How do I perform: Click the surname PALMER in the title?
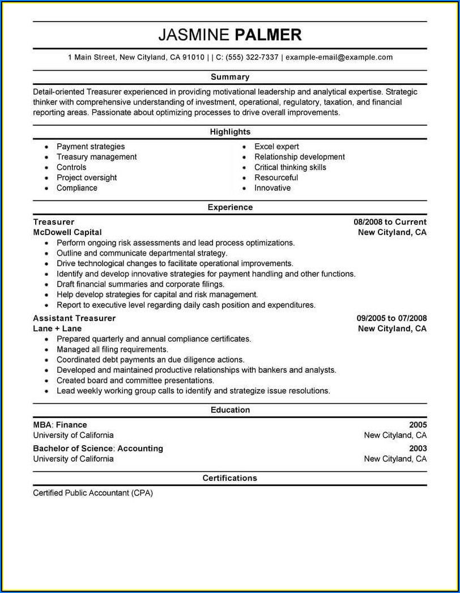pos(268,35)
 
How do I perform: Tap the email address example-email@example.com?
pos(339,57)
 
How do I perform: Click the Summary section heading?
pos(230,77)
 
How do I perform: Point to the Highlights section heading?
pos(230,132)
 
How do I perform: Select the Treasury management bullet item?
pos(96,157)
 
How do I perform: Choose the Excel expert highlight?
pos(276,147)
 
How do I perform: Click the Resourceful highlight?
pos(276,178)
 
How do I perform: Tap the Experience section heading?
pos(230,207)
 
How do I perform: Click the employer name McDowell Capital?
pos(67,232)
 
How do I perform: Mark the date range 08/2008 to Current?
pos(390,222)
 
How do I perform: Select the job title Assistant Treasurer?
pos(74,318)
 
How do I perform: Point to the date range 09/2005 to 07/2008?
pos(391,318)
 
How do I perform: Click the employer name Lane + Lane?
pos(57,329)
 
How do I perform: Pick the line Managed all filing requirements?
pos(112,349)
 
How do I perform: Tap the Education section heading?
pos(230,410)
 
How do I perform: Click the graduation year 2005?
pos(418,425)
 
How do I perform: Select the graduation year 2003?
pos(418,449)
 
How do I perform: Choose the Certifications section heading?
pos(230,478)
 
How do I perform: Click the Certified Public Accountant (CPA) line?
pos(93,493)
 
